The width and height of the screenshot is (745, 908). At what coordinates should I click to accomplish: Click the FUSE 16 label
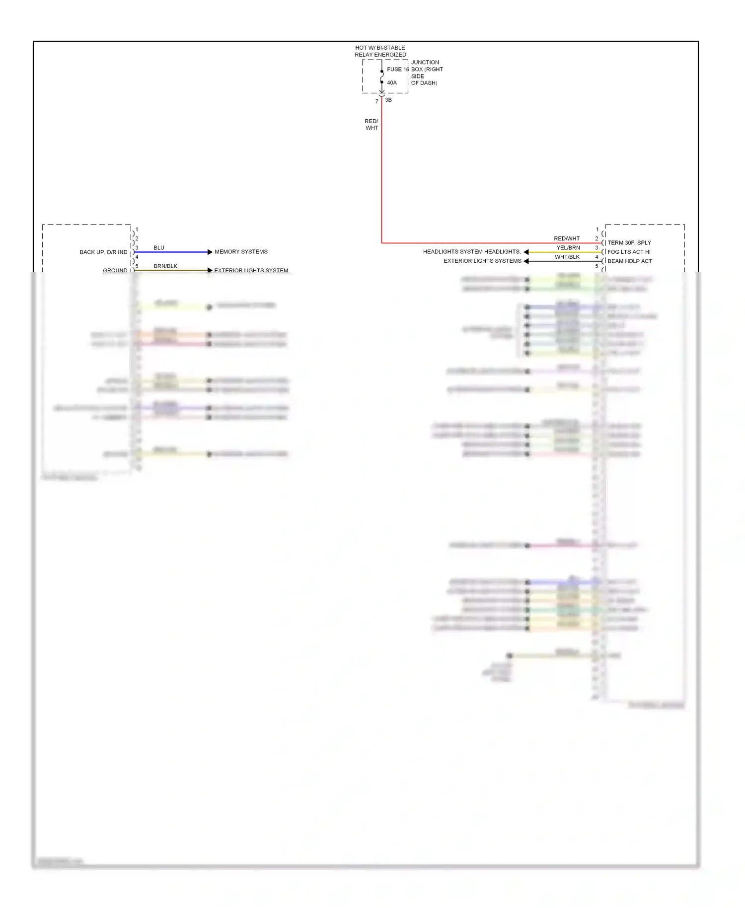click(398, 70)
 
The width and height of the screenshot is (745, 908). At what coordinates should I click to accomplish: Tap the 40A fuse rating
click(392, 83)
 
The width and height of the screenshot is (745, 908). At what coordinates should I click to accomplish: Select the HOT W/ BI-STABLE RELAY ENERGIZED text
click(380, 51)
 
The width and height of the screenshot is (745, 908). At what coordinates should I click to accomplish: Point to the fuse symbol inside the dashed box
click(381, 77)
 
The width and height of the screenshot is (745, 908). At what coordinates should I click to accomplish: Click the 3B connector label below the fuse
click(388, 100)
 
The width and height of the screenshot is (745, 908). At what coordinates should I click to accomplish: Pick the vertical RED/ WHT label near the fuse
click(372, 125)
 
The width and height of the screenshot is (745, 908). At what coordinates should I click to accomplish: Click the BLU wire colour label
click(159, 248)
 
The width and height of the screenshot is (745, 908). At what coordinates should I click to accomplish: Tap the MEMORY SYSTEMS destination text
click(241, 252)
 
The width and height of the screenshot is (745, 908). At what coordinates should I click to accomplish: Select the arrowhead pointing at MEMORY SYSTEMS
click(210, 252)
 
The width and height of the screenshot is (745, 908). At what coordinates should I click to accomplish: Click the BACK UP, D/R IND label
click(103, 252)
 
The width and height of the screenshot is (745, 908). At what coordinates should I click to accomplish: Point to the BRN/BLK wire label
click(165, 266)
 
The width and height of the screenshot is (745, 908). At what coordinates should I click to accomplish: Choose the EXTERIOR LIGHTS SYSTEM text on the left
click(251, 271)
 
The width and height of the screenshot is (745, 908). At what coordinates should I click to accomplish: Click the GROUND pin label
click(115, 271)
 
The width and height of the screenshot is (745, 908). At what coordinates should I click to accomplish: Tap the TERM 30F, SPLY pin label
click(629, 243)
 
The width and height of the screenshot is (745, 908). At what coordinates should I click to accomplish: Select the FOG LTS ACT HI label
click(629, 252)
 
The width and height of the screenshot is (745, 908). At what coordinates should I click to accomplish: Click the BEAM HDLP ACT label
click(630, 261)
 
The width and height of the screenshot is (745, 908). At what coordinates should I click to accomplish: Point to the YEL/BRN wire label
click(568, 248)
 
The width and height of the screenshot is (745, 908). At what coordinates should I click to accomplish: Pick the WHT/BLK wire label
click(567, 257)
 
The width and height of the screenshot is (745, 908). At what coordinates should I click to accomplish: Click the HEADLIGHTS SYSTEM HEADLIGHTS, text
click(472, 252)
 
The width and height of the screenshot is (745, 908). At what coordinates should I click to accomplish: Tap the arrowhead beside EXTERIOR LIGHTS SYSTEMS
click(526, 261)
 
